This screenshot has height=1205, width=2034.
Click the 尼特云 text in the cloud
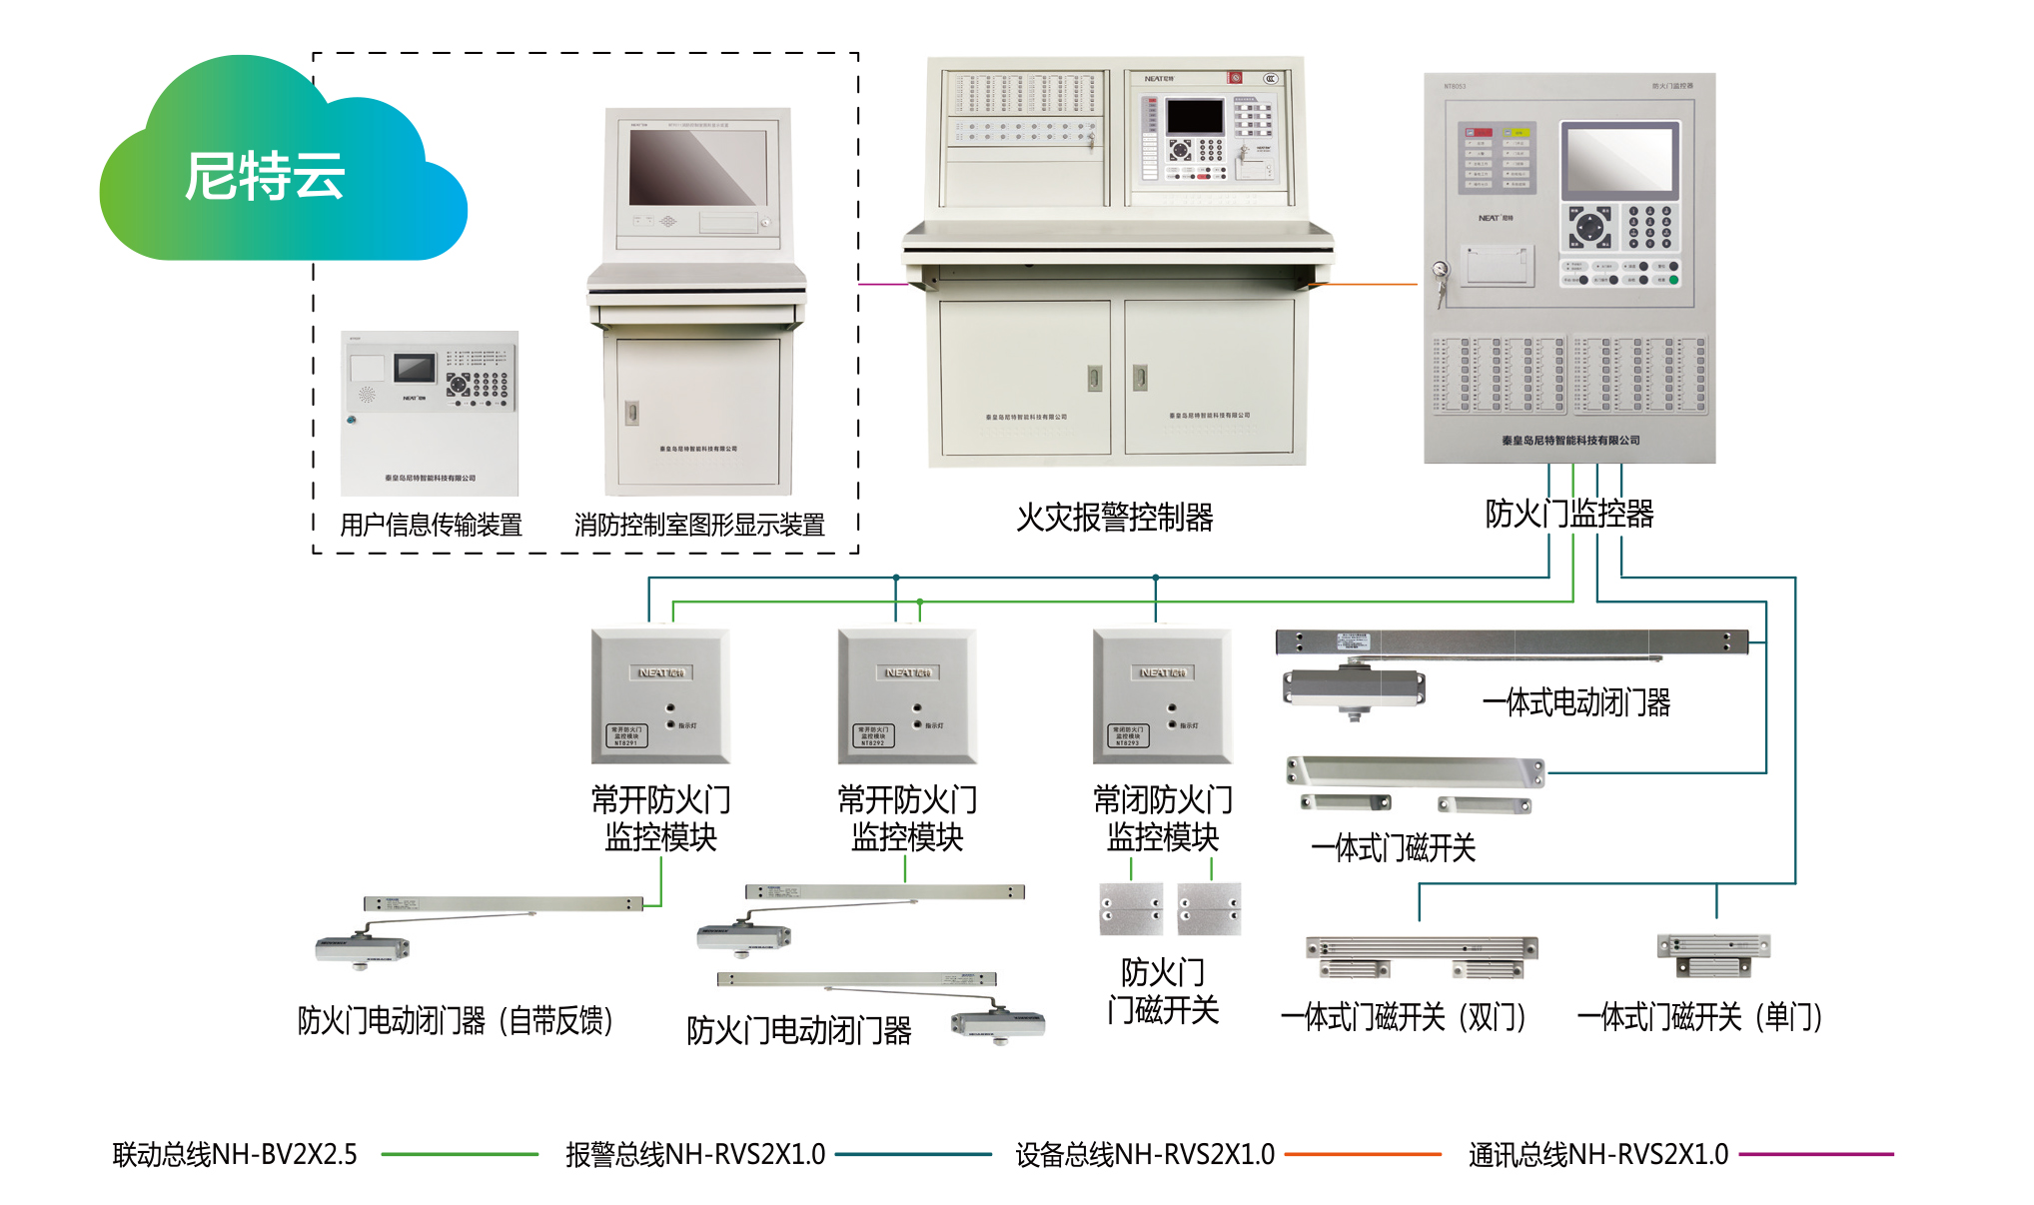(265, 177)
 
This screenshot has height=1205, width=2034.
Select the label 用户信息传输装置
(431, 525)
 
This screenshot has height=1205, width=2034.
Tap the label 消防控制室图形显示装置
(699, 525)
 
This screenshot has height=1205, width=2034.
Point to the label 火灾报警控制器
(1114, 518)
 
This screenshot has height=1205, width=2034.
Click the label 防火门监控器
(1568, 514)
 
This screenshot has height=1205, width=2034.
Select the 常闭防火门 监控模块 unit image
(1162, 695)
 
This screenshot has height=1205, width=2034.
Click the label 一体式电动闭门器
(1576, 702)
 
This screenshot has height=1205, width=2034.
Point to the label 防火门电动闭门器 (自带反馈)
(456, 1020)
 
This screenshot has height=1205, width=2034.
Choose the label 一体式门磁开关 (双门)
(1404, 1017)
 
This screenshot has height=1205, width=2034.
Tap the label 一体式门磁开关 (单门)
(1700, 1017)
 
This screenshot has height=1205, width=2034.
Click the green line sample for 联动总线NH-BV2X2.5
(460, 1154)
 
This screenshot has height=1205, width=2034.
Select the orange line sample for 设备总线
(1363, 1154)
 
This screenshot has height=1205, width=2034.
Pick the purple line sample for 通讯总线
(1816, 1154)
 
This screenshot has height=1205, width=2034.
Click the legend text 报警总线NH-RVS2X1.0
(695, 1154)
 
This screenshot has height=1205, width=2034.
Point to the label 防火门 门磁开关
(1162, 990)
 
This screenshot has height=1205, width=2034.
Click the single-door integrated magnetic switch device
(1713, 954)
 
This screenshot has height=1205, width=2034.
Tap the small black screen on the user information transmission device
(415, 368)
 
